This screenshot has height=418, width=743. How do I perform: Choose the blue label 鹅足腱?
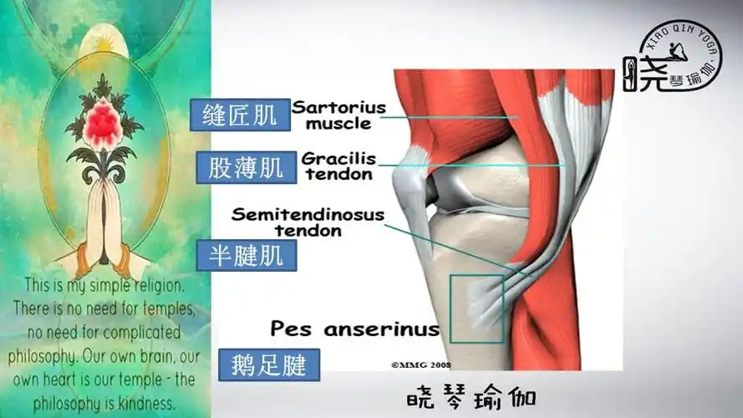(x=268, y=364)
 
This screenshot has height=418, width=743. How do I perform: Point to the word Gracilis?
(x=338, y=158)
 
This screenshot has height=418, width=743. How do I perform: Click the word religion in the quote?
(x=157, y=284)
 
